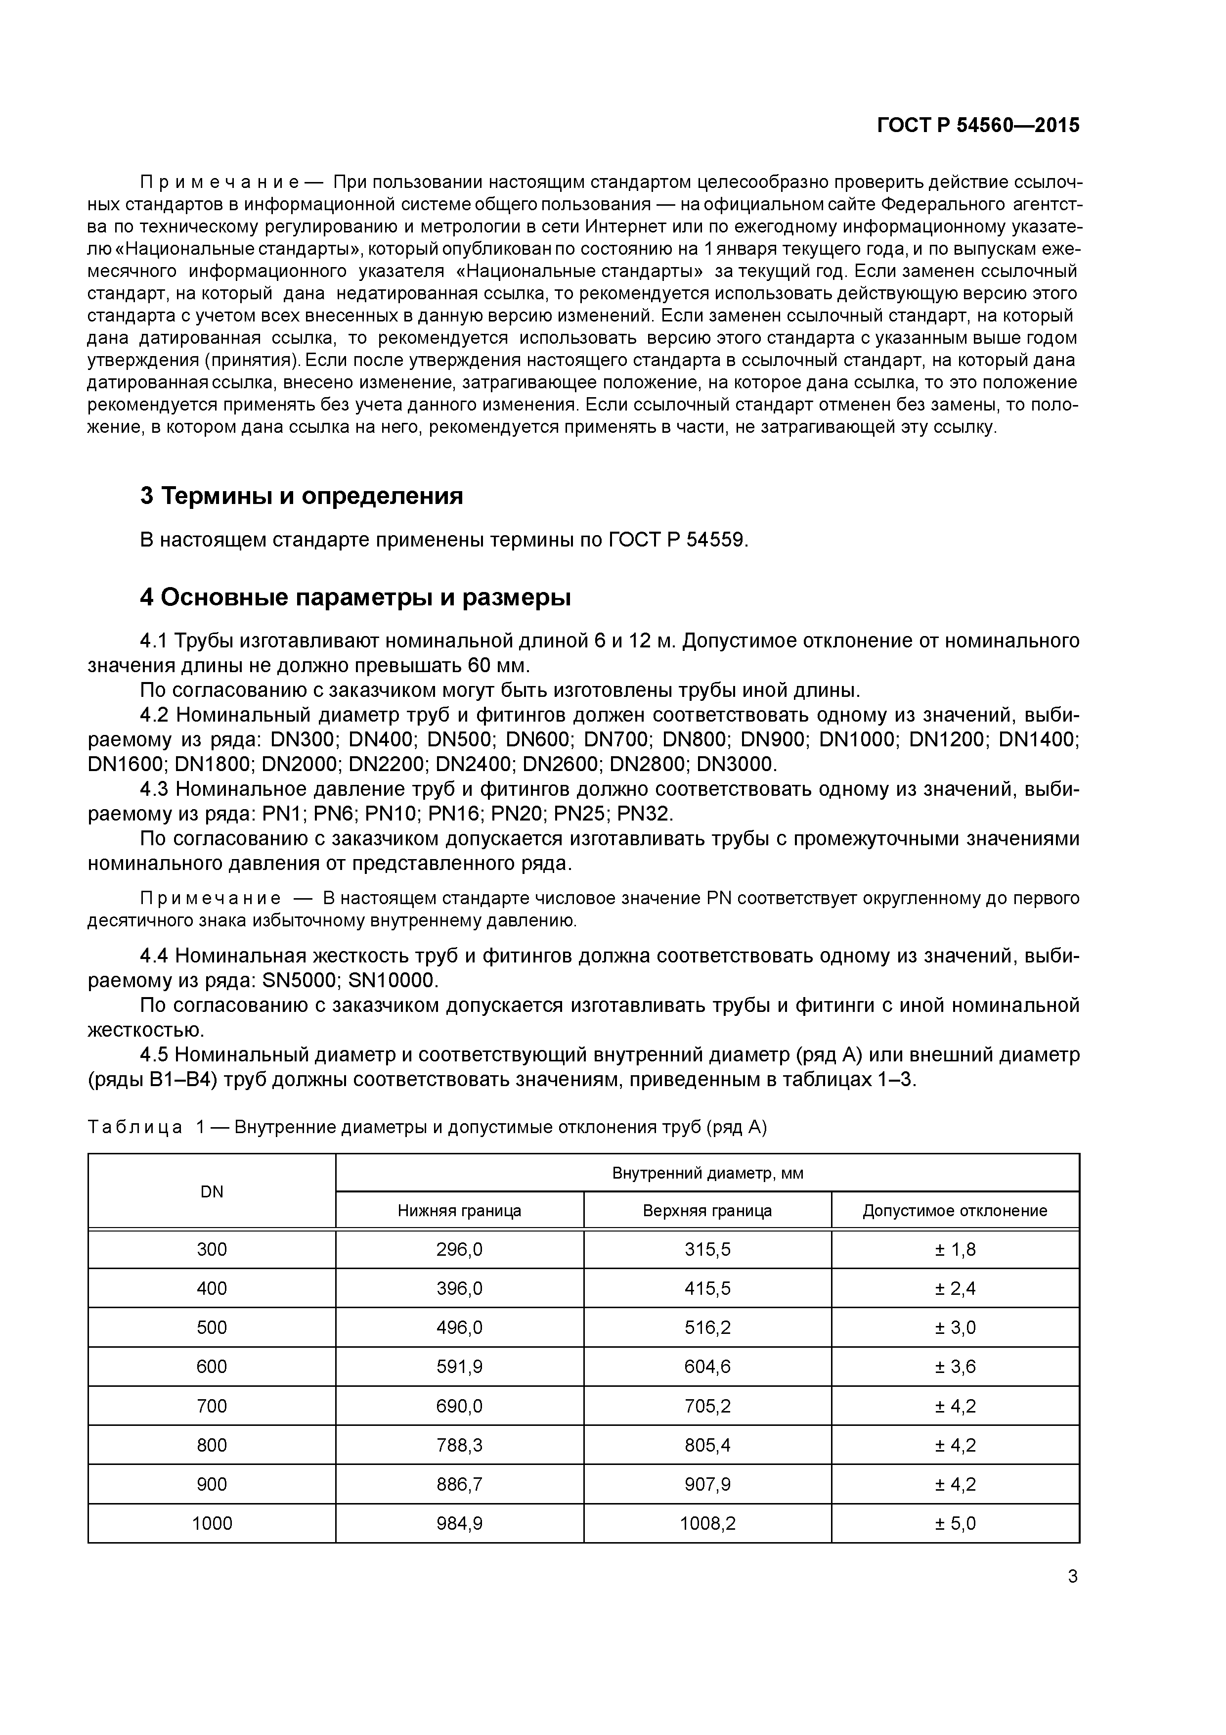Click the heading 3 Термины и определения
coord(302,497)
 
